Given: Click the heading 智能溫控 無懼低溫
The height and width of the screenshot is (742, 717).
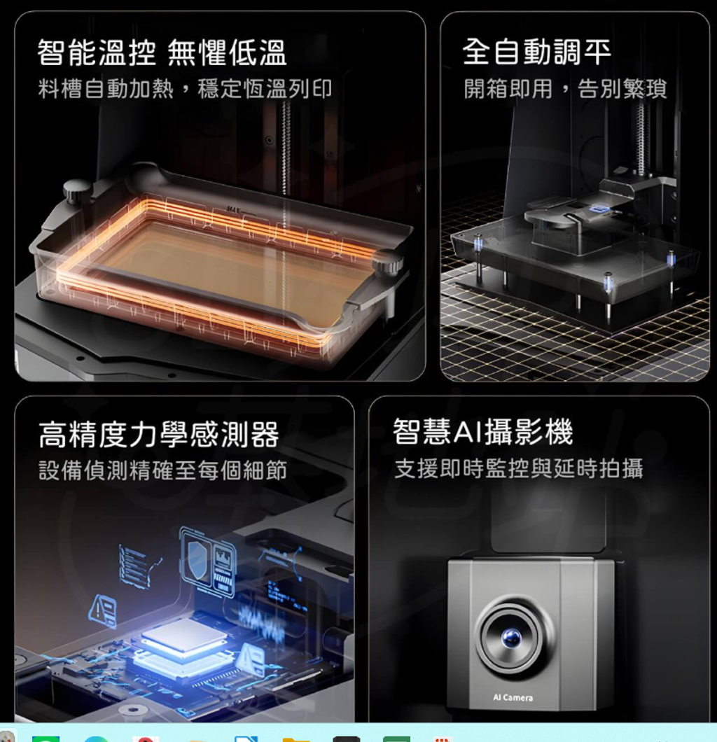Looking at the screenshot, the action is click(162, 52).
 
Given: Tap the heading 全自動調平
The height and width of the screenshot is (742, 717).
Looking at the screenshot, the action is click(536, 52).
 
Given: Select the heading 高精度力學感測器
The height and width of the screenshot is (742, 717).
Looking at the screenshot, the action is click(159, 435).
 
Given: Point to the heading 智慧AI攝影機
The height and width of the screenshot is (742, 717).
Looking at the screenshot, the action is click(482, 432).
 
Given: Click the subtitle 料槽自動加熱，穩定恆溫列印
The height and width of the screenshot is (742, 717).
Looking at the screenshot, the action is click(185, 88).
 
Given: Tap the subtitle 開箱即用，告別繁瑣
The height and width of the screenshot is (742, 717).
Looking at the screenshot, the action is click(565, 88).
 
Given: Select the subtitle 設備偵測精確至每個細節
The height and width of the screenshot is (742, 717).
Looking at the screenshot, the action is click(163, 470).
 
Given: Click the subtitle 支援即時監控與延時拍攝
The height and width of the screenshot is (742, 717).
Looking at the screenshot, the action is click(519, 468).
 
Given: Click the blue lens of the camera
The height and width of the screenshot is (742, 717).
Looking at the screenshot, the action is click(511, 638).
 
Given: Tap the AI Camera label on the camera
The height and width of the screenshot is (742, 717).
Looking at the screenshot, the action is click(513, 697).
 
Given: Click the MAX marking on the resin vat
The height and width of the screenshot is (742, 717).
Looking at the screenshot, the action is click(234, 209).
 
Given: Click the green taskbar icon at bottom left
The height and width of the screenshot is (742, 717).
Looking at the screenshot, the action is click(46, 739).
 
